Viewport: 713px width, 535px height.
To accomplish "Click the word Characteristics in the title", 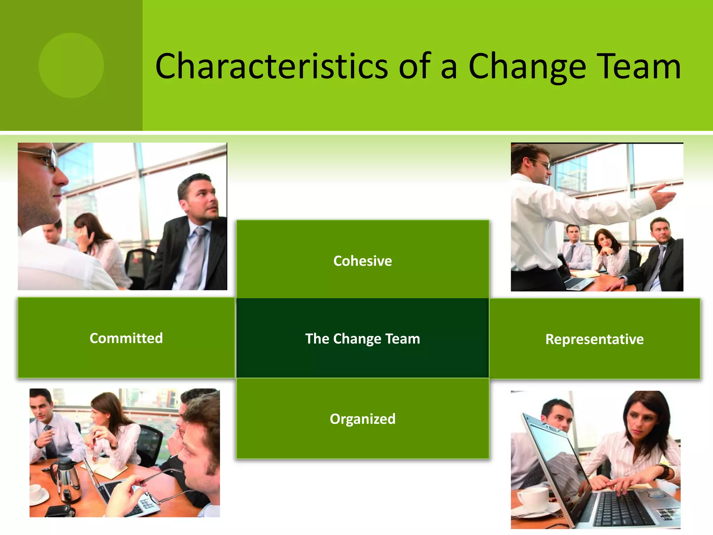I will (272, 66).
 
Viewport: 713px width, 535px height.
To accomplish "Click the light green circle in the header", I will (71, 65).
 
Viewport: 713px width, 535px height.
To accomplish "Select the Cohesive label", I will (362, 261).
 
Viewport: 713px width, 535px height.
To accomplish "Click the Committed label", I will (126, 338).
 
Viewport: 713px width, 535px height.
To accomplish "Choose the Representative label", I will (594, 339).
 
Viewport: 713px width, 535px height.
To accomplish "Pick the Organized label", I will (362, 419).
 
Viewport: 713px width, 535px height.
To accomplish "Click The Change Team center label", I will (362, 339).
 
